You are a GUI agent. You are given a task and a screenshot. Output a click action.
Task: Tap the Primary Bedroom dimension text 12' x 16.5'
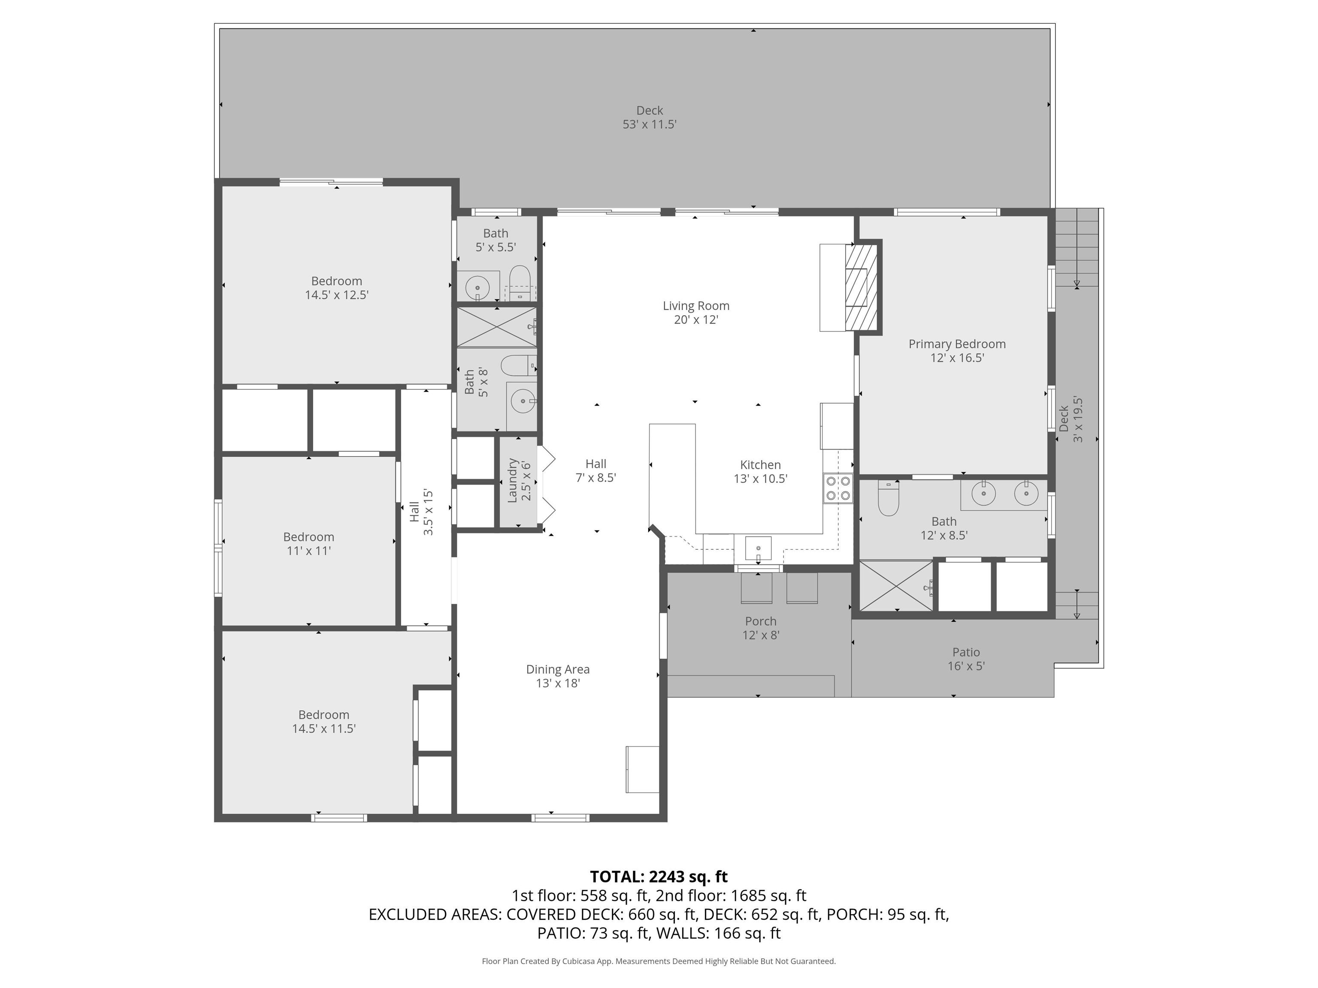tap(956, 358)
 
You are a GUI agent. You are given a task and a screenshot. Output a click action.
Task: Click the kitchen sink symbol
tap(758, 548)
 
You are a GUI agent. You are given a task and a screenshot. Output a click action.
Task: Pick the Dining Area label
tap(558, 669)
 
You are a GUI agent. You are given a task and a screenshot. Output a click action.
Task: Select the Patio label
tap(965, 652)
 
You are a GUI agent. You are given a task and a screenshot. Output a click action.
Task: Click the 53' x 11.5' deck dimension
tap(650, 124)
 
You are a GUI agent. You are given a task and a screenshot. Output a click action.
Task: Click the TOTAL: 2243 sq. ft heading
tap(659, 877)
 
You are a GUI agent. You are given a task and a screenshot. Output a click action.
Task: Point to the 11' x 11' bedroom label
tap(308, 551)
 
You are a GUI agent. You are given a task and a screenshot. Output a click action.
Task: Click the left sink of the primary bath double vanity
tap(983, 493)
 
